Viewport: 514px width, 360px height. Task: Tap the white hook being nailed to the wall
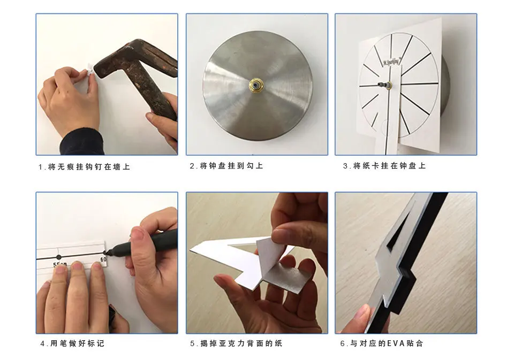coord(89,70)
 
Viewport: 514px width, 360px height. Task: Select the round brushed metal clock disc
coord(258,86)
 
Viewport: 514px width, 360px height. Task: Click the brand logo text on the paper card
coord(391,62)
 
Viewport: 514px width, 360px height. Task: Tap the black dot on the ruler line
coord(59,257)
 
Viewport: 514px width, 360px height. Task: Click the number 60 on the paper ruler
coord(103,259)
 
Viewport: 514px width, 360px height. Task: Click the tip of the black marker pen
coord(105,252)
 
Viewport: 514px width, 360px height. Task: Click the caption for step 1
coord(84,167)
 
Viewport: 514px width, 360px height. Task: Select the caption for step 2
coord(226,166)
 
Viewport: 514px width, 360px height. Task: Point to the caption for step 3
coord(384,166)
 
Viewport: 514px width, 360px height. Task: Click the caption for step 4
coord(72,343)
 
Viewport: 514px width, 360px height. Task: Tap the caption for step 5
coord(236,343)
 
